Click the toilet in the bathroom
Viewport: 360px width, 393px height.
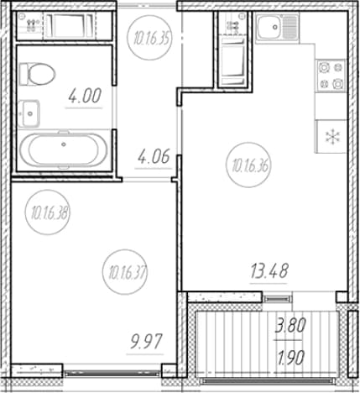tap(38, 74)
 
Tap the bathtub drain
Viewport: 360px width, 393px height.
tap(64, 144)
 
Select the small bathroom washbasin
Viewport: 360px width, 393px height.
tap(29, 113)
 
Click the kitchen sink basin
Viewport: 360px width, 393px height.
tap(271, 27)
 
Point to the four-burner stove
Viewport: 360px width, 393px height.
tap(331, 76)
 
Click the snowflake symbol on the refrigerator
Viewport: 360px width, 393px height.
tap(332, 137)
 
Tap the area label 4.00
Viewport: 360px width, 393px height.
tap(85, 96)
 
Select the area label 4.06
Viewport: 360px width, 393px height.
tap(154, 156)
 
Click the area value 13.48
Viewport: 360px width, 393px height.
tap(269, 271)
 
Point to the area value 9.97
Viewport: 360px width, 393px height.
tap(146, 342)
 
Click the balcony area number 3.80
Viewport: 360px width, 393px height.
tap(290, 326)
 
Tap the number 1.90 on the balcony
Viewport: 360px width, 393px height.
tap(290, 359)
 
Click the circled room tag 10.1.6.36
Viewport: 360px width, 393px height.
tap(248, 166)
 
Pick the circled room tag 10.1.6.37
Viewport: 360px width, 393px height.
tap(125, 272)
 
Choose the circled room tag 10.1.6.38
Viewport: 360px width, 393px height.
tap(48, 213)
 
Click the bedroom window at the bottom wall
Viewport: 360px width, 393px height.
tap(112, 373)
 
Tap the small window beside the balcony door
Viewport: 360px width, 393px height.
tap(278, 299)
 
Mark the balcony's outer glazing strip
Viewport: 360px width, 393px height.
tap(268, 381)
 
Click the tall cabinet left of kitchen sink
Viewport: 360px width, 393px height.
tap(233, 50)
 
